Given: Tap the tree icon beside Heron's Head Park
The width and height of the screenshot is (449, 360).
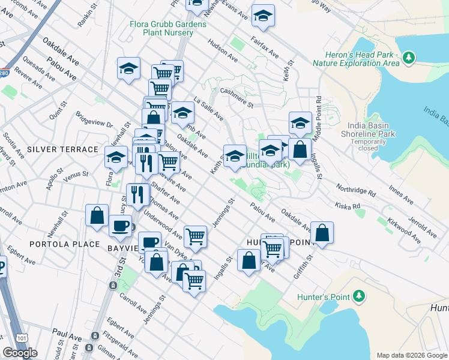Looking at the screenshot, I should click(409, 58).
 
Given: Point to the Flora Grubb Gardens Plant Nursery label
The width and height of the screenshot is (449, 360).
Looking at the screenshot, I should click(168, 28).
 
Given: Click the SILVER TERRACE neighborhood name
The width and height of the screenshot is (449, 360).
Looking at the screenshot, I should click(62, 149).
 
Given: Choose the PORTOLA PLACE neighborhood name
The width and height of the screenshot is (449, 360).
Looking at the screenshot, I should click(50, 244).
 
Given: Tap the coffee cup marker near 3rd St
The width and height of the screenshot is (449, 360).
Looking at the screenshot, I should click(120, 226).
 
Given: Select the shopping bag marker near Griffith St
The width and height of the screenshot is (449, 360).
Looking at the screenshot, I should click(322, 233).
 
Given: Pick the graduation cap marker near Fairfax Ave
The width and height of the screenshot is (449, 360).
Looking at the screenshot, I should click(262, 16).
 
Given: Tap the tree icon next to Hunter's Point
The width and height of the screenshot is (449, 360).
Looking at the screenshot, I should click(359, 296).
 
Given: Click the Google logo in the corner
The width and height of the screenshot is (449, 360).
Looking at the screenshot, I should click(20, 353).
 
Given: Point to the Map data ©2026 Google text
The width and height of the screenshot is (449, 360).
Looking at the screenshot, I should click(411, 355).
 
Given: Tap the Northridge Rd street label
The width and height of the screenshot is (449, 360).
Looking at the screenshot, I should click(355, 190).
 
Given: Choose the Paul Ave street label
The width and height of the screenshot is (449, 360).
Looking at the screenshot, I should click(67, 332).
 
